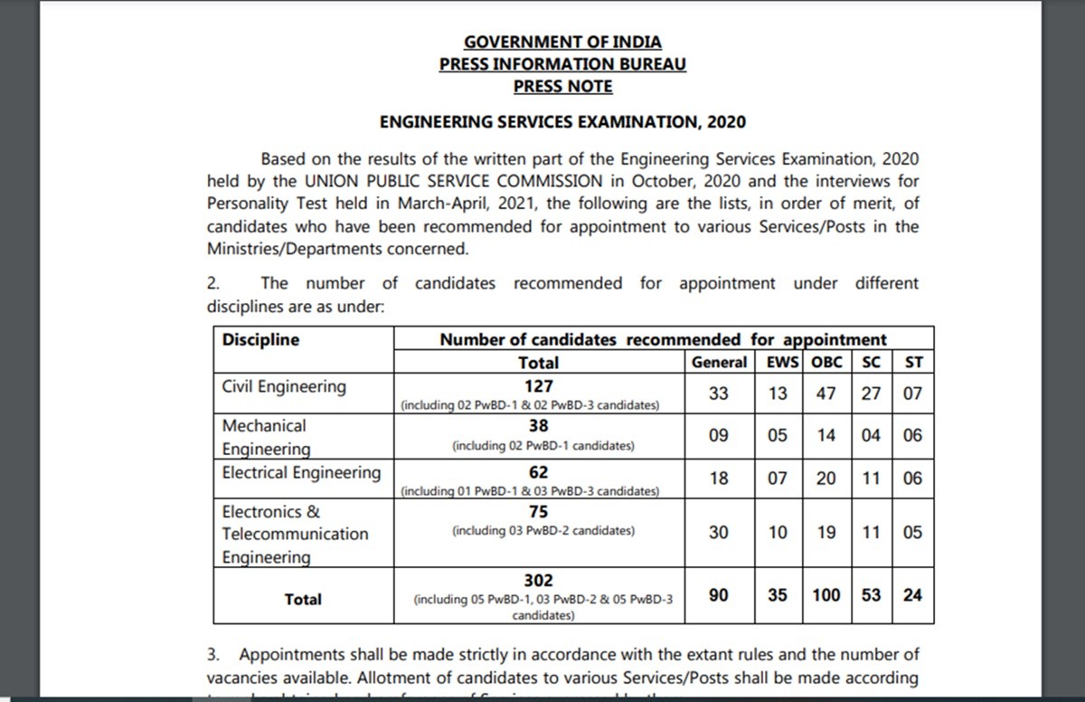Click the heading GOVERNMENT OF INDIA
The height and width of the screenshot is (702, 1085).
pyautogui.click(x=562, y=42)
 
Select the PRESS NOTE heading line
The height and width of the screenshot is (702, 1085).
pyautogui.click(x=562, y=87)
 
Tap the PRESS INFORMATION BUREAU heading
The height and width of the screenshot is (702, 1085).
pyautogui.click(x=562, y=64)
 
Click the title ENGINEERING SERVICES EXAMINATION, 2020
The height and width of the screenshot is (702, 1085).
pyautogui.click(x=562, y=121)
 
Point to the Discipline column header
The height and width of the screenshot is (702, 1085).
pyautogui.click(x=260, y=340)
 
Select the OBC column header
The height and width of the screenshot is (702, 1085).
pyautogui.click(x=826, y=363)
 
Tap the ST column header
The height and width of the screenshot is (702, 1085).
pyautogui.click(x=912, y=363)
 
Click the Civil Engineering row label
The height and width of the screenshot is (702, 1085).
pyautogui.click(x=284, y=387)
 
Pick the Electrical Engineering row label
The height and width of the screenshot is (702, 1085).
pyautogui.click(x=302, y=472)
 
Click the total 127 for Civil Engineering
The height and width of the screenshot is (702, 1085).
pyautogui.click(x=537, y=385)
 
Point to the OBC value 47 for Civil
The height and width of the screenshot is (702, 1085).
pyautogui.click(x=826, y=394)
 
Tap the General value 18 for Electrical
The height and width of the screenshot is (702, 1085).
pyautogui.click(x=718, y=479)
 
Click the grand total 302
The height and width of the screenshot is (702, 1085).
pyautogui.click(x=538, y=581)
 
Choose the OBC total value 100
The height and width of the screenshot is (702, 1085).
pyautogui.click(x=826, y=595)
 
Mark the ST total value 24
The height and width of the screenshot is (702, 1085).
pyautogui.click(x=912, y=595)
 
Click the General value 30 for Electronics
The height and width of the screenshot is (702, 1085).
pyautogui.click(x=718, y=533)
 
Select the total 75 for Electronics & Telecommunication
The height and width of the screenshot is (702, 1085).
pyautogui.click(x=538, y=512)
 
